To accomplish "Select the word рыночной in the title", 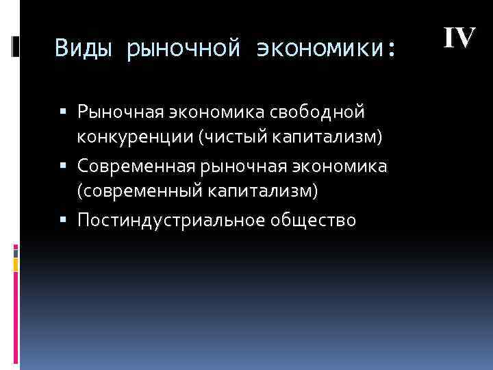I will coord(182,49).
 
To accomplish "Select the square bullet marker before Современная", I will coord(71,166).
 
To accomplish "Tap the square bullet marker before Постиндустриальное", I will coord(71,221).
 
